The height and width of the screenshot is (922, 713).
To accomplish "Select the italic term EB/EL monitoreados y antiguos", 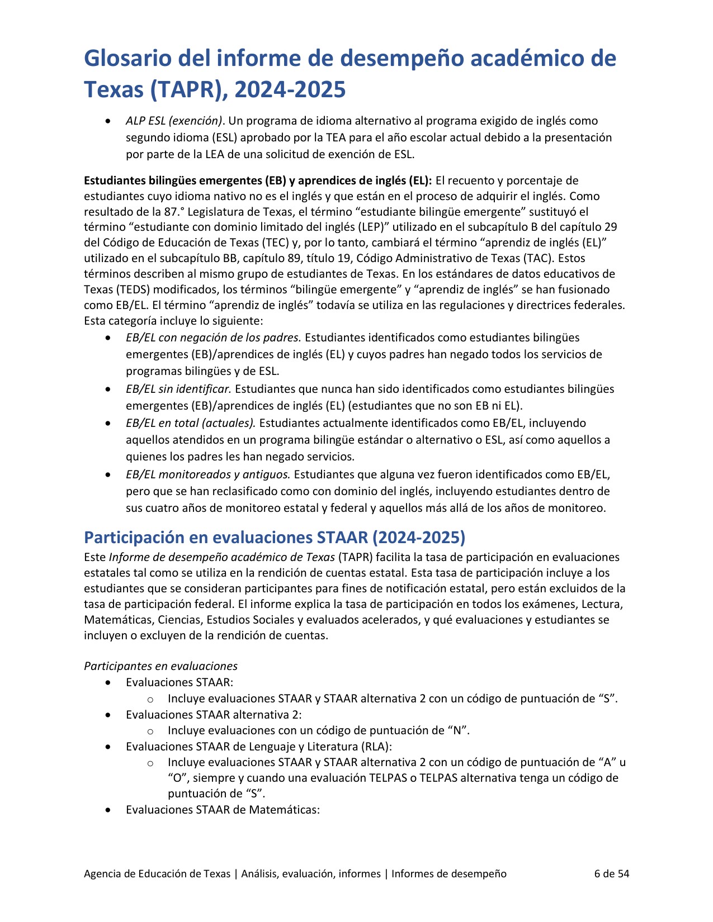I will pyautogui.click(x=208, y=474).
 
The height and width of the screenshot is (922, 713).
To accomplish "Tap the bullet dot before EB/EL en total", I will pyautogui.click(x=108, y=424).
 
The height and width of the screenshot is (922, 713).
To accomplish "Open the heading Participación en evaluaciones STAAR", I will pyautogui.click(x=274, y=537).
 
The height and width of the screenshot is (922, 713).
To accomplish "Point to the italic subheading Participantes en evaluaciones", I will pyautogui.click(x=160, y=666).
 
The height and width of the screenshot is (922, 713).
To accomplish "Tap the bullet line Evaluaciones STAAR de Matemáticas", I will pyautogui.click(x=223, y=810).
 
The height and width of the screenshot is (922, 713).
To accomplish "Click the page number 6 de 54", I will pyautogui.click(x=611, y=873).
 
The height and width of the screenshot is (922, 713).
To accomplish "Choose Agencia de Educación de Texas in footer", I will pyautogui.click(x=157, y=873).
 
